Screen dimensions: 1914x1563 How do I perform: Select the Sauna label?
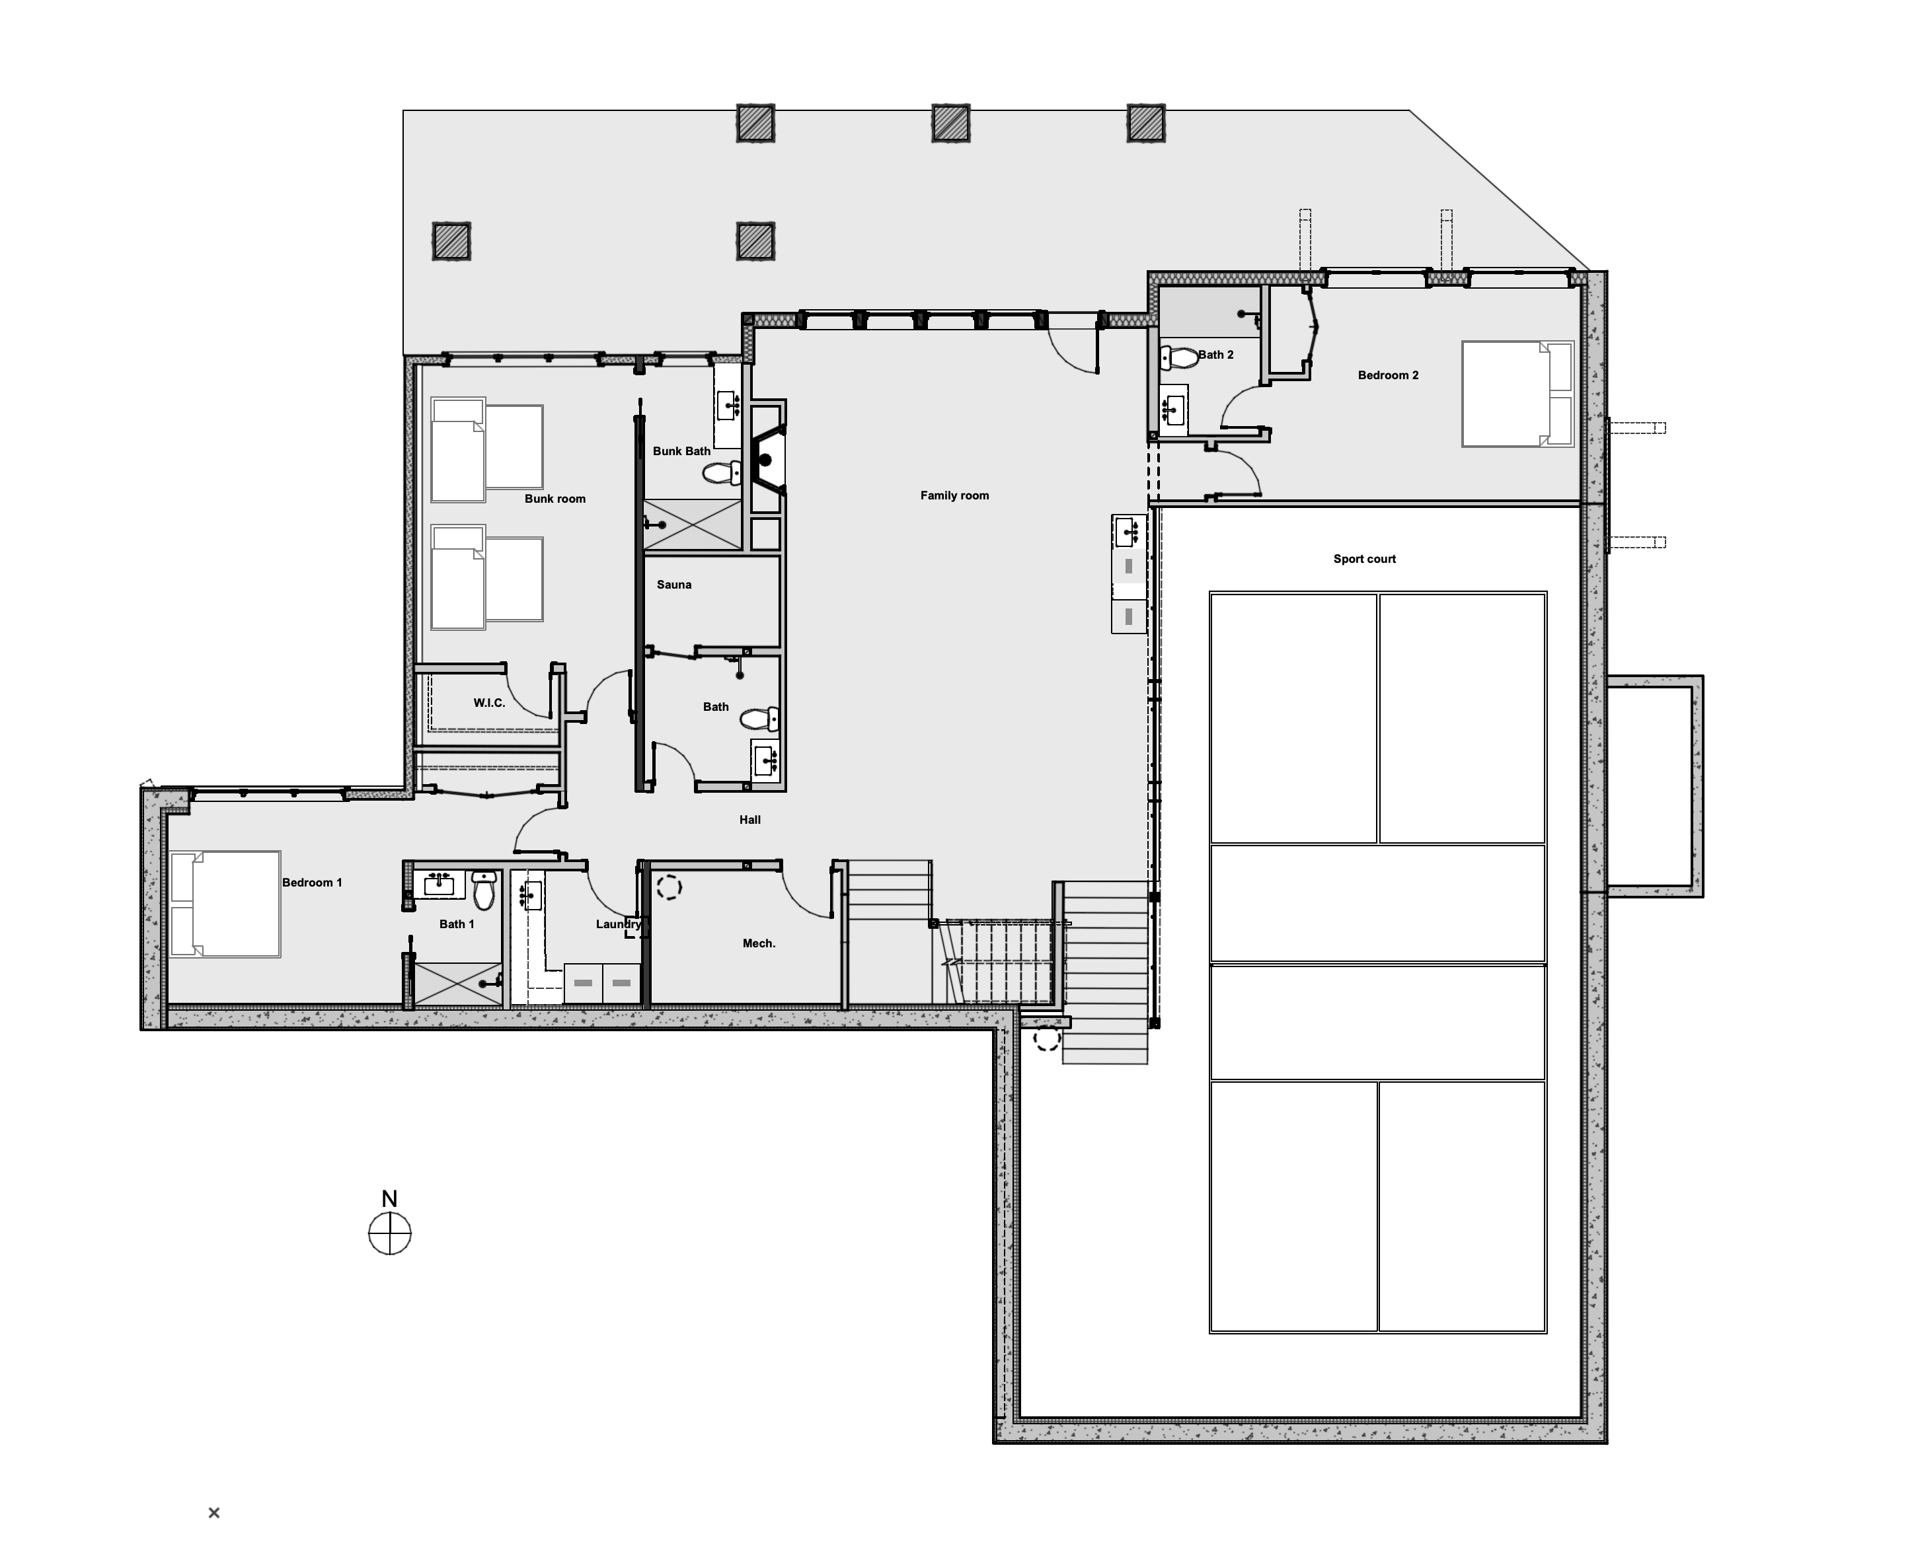click(673, 585)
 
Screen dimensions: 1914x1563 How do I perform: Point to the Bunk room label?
click(555, 499)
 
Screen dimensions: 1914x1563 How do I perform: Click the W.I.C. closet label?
click(489, 703)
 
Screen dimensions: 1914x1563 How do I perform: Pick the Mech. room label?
click(758, 943)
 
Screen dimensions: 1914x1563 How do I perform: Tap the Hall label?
click(749, 819)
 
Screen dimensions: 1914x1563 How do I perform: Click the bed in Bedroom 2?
click(1517, 394)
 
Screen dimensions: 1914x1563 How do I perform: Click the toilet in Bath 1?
click(484, 890)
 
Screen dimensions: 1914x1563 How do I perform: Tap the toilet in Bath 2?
click(1179, 357)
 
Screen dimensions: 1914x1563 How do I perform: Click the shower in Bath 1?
click(457, 983)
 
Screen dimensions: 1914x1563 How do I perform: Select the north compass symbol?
click(390, 1233)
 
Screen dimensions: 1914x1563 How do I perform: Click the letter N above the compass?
click(389, 1198)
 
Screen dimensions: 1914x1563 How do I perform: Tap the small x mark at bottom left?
click(213, 1513)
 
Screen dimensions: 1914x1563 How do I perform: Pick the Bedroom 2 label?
click(1388, 375)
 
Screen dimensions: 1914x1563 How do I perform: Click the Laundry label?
click(619, 924)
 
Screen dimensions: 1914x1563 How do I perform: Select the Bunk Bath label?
click(682, 451)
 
